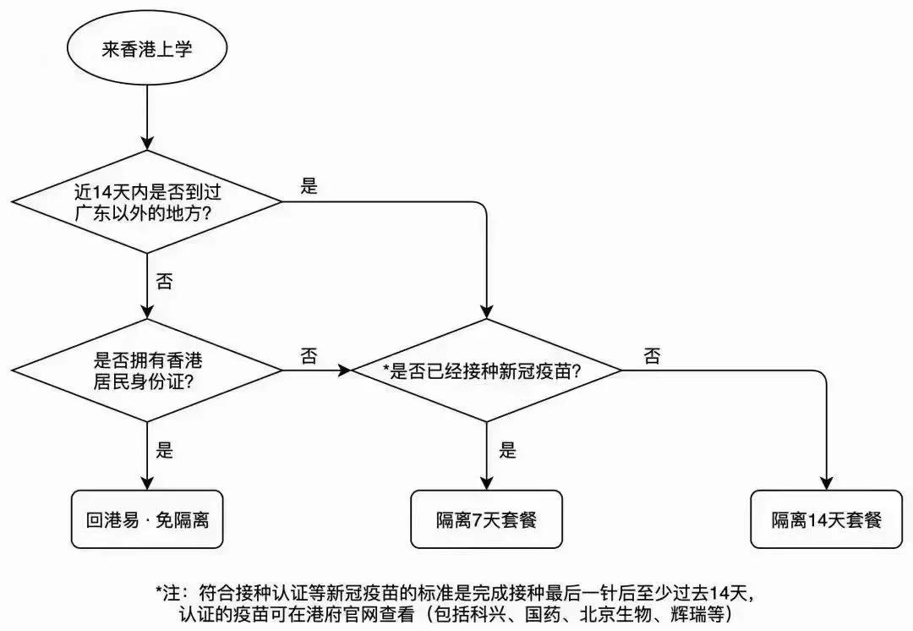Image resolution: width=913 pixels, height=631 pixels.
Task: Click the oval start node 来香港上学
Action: pos(147,50)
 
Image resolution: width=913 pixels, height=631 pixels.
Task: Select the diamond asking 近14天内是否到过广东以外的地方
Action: pos(147,201)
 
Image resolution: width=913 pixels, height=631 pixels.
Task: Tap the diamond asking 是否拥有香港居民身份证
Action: pos(147,370)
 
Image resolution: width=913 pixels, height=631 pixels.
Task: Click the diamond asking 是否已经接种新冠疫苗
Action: pos(486,370)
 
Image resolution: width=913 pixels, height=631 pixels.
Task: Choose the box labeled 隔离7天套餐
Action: pos(486,519)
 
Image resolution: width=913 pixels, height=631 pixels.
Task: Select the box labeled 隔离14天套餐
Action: pos(826,519)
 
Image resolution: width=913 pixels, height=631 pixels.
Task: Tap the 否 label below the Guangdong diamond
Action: pos(164,282)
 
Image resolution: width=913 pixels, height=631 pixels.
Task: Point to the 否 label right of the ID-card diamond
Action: pos(309,356)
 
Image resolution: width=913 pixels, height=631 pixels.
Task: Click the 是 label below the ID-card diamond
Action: pos(164,450)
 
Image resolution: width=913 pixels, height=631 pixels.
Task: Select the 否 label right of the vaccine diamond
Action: pos(652,356)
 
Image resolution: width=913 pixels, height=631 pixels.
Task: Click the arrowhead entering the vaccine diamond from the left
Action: pos(345,370)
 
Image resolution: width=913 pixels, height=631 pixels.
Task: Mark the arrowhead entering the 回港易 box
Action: pos(147,482)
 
